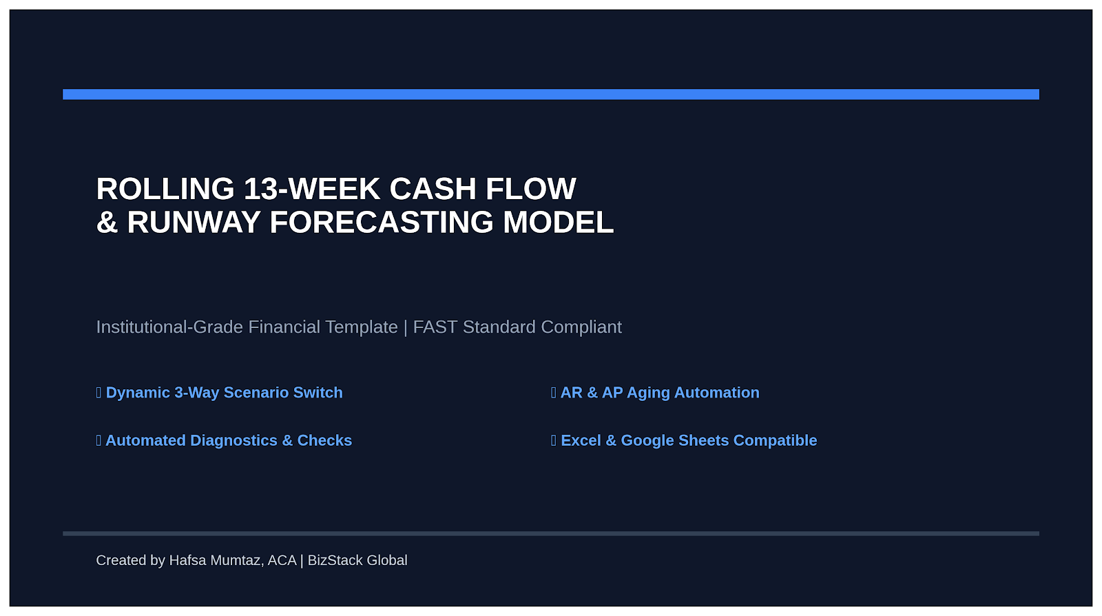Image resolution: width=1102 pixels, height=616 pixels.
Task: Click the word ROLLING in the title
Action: pos(165,189)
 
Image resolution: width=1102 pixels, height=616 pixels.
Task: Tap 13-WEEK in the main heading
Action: pos(312,189)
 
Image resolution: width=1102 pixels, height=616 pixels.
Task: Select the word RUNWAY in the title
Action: pos(194,223)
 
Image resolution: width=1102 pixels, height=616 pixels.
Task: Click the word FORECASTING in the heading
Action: pos(382,223)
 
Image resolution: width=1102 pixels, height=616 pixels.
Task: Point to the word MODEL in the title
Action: pos(559,223)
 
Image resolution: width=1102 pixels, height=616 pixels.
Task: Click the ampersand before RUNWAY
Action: pos(107,223)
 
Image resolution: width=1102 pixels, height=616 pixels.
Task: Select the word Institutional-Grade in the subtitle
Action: pos(169,327)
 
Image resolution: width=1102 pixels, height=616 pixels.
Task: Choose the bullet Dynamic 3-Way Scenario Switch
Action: pos(220,393)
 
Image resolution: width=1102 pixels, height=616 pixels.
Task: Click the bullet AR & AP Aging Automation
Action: pos(655,393)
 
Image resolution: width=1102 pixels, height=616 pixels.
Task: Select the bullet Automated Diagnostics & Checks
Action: pos(224,440)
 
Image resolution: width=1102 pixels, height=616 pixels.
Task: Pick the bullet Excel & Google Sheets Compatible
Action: pos(685,440)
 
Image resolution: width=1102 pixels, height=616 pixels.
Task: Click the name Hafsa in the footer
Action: pos(187,560)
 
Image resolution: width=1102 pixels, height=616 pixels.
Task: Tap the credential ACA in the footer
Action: pos(282,560)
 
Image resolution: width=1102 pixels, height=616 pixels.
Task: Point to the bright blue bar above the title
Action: pos(551,94)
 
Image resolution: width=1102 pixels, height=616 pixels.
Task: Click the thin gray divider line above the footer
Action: pos(551,533)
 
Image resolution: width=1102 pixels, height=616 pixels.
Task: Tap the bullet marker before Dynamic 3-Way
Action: pos(99,393)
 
